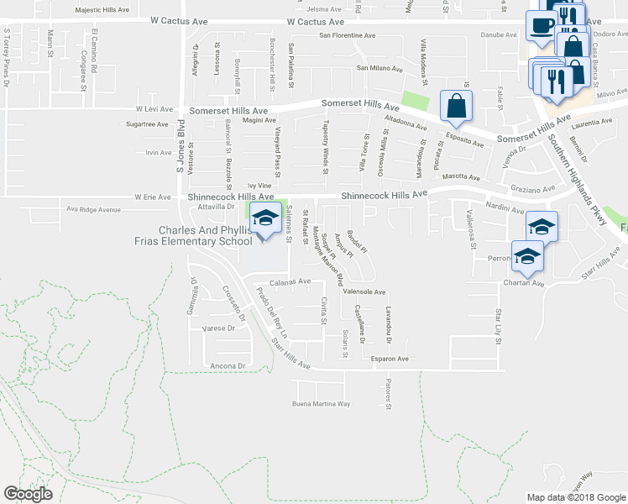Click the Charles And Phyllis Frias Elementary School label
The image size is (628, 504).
pyautogui.click(x=206, y=236)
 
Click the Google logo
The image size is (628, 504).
pyautogui.click(x=28, y=494)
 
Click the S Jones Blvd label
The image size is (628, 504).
pyautogui.click(x=180, y=151)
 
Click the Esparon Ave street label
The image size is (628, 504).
pyautogui.click(x=390, y=359)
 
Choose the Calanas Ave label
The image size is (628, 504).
pyautogui.click(x=290, y=281)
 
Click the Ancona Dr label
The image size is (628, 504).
pyautogui.click(x=228, y=365)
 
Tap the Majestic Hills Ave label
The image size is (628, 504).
pyautogui.click(x=102, y=10)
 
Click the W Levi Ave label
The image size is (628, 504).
pyautogui.click(x=154, y=109)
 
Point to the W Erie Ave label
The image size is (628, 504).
pyautogui.click(x=152, y=197)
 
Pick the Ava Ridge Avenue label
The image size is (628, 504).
pyautogui.click(x=88, y=210)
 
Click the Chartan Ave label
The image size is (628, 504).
pyautogui.click(x=525, y=283)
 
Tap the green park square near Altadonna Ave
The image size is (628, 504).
pyautogui.click(x=414, y=101)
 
